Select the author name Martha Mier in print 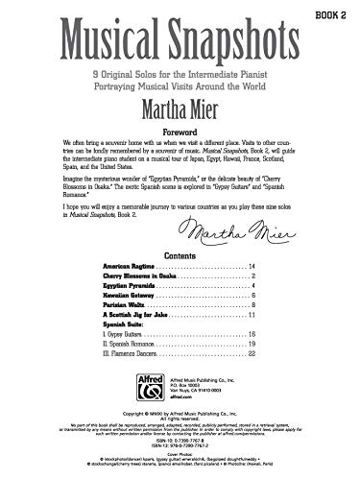click(180, 102)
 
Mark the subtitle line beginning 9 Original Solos click(180, 71)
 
